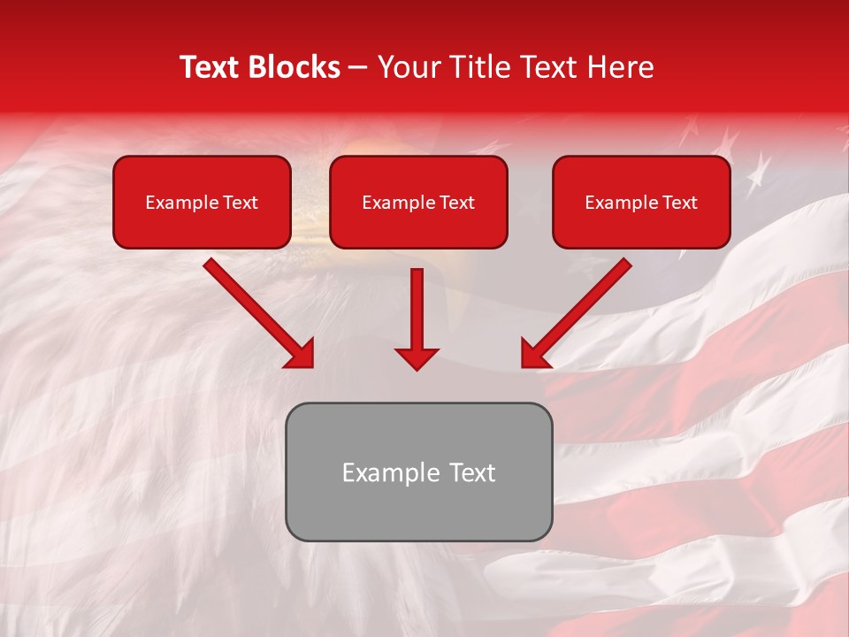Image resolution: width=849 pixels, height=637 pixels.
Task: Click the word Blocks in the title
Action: [x=292, y=67]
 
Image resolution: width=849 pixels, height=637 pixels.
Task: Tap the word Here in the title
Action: [x=623, y=67]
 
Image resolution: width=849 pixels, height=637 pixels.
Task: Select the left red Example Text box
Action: [x=202, y=203]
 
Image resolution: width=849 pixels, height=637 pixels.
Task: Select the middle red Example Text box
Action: [x=418, y=203]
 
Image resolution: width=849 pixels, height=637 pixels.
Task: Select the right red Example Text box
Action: [x=641, y=203]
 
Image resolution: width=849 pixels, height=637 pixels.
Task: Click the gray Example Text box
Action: [x=418, y=472]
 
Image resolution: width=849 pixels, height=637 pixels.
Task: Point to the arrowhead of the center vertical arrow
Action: [x=417, y=359]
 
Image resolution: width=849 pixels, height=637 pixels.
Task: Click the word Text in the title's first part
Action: [x=210, y=67]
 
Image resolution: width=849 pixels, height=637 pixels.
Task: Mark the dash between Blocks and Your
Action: [x=359, y=68]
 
